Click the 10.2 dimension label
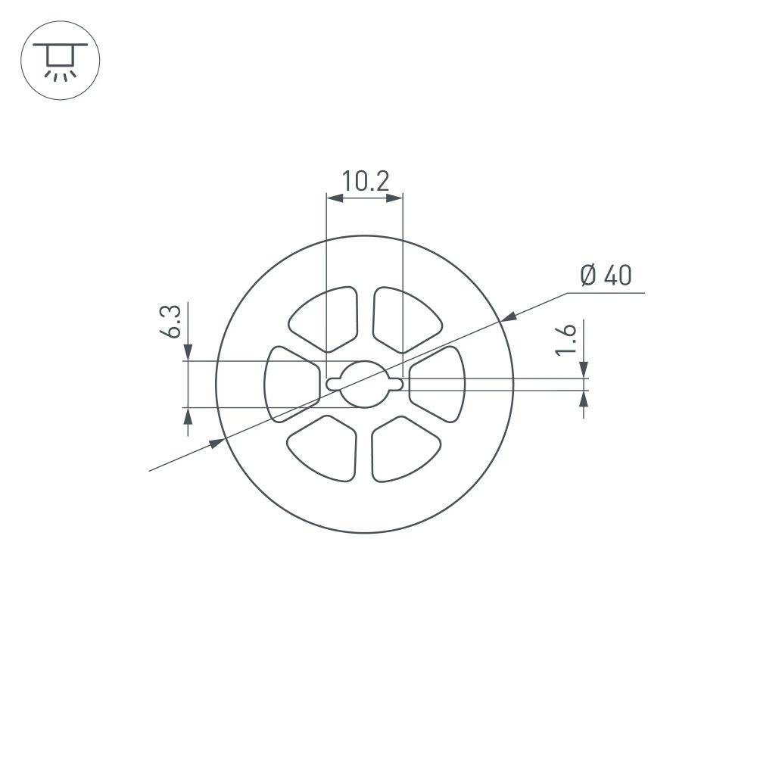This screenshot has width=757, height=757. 364,182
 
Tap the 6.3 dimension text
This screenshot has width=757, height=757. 171,322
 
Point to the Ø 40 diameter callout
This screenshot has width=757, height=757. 606,276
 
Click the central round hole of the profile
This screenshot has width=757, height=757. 364,384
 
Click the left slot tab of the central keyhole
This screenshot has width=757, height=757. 332,384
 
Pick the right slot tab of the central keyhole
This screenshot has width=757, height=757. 396,384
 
